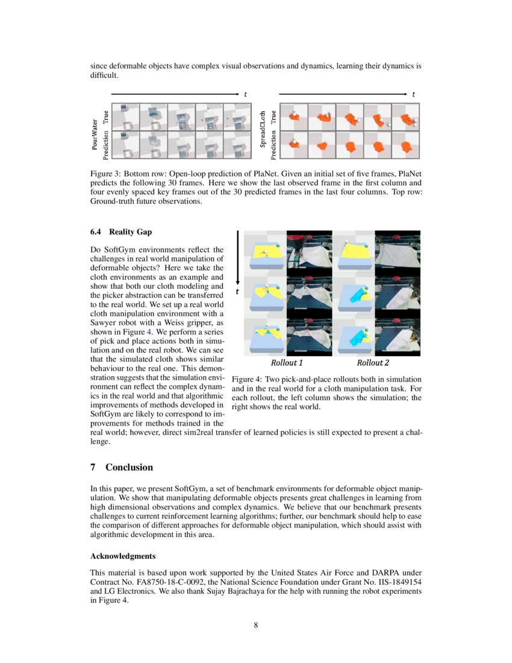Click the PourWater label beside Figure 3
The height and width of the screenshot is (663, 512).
(95, 134)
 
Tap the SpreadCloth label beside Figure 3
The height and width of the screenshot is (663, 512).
(263, 134)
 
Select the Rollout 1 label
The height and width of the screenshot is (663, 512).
(287, 363)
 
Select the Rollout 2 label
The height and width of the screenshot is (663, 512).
(373, 363)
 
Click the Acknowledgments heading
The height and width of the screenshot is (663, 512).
(123, 556)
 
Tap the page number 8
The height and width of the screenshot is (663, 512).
(256, 625)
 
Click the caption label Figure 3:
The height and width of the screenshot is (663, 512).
(107, 174)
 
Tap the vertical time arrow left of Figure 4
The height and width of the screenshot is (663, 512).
(239, 256)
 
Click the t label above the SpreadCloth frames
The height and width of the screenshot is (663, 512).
(414, 94)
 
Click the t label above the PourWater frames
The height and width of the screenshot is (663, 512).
(245, 94)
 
